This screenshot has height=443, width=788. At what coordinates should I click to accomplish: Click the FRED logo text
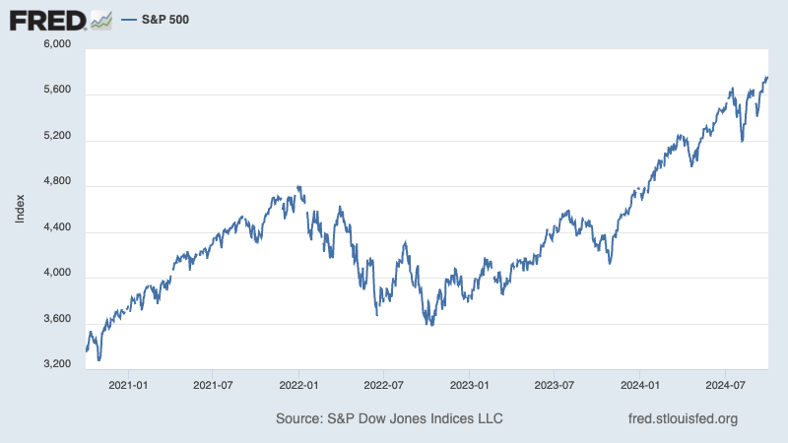click(x=45, y=19)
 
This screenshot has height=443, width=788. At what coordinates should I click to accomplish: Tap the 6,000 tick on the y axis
click(x=58, y=44)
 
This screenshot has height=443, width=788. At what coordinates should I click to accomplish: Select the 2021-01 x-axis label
click(x=128, y=384)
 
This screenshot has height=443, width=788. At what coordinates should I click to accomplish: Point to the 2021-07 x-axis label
click(x=213, y=384)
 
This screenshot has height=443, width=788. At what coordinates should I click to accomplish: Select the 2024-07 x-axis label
click(x=725, y=384)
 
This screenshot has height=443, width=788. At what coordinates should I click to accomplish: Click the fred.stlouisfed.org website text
click(x=683, y=419)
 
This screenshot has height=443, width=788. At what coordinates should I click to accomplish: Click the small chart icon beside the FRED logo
click(x=101, y=19)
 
